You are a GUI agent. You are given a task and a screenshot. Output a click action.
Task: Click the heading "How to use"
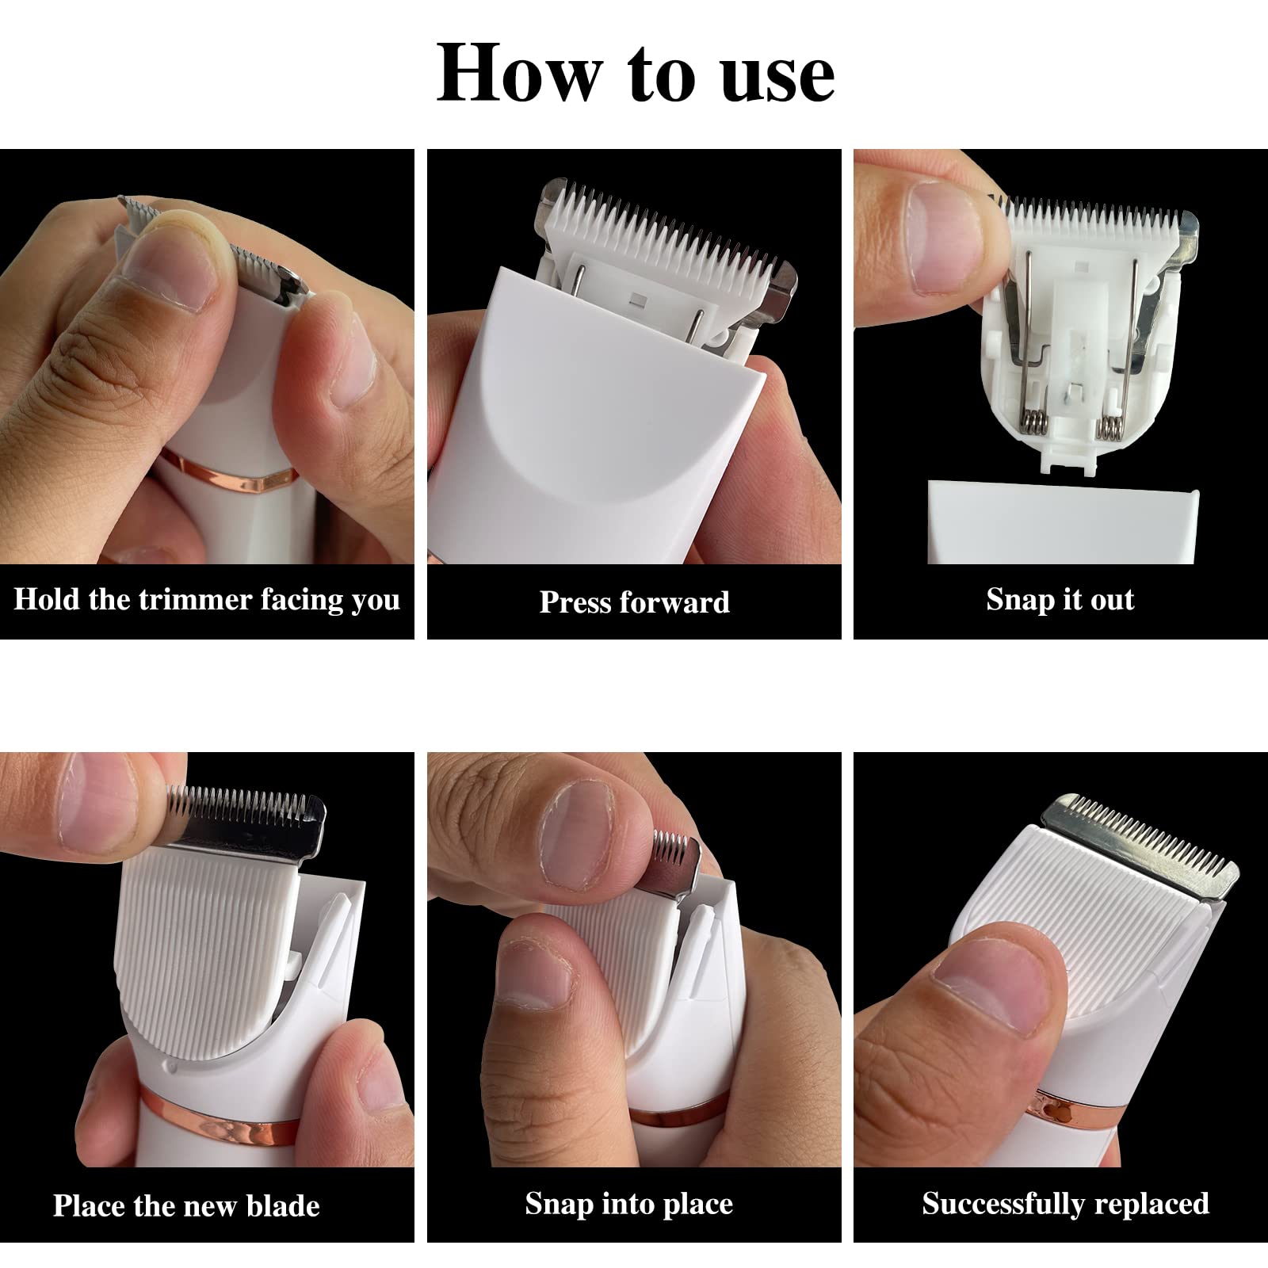636,74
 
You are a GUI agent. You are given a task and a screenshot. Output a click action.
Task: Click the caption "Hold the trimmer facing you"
207,599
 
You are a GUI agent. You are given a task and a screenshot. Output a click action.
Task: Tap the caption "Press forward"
634,602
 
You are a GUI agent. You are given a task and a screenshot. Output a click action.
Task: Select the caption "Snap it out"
1060,599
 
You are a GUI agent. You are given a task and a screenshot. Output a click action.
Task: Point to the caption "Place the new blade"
186,1205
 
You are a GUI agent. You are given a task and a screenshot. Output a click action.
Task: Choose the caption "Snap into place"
628,1205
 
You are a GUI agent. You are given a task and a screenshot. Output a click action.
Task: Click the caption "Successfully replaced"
1065,1204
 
